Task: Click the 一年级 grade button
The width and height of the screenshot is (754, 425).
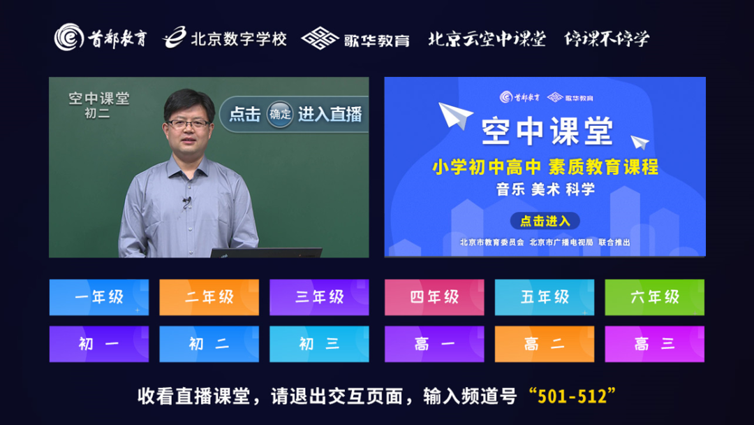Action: tap(99, 297)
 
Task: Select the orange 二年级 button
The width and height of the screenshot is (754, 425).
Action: tap(209, 297)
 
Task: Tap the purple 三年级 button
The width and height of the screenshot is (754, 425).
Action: tap(319, 297)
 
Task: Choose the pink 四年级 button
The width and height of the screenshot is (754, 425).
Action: tap(434, 297)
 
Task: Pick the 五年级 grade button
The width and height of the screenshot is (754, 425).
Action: tap(545, 297)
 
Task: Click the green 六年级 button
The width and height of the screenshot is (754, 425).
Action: tap(654, 297)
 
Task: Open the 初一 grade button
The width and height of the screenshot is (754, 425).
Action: tap(99, 344)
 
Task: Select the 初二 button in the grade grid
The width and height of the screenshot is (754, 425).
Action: tap(209, 344)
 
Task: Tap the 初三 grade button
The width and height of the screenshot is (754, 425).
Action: tap(319, 344)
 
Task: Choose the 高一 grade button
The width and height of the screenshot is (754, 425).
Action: tap(434, 344)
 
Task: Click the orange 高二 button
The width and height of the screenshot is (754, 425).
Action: tap(545, 344)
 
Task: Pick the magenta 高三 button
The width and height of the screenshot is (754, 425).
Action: tap(654, 344)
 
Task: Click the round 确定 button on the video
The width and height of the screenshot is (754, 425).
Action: tap(280, 114)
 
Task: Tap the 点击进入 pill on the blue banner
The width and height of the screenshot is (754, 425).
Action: tap(545, 221)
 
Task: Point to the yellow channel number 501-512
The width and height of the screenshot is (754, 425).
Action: tap(572, 396)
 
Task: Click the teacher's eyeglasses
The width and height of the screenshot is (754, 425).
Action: tap(188, 124)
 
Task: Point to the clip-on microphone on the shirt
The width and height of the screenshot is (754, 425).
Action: tap(186, 202)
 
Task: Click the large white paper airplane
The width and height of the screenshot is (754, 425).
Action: tap(454, 115)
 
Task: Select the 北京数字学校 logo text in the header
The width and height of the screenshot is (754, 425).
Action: tap(239, 38)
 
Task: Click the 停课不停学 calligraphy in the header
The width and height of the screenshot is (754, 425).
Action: tap(607, 38)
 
